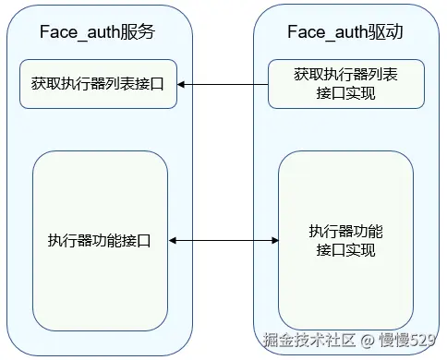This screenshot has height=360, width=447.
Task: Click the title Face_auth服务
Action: tap(97, 32)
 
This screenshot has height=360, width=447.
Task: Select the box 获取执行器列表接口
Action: tap(98, 84)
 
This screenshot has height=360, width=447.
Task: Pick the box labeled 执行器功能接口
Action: tap(99, 240)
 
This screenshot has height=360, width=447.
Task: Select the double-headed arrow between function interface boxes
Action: tap(223, 241)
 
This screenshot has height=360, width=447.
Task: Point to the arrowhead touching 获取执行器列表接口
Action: tap(182, 84)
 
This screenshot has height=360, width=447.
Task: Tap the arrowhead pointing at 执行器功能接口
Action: tap(173, 241)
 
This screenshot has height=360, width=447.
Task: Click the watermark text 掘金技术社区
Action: tap(306, 341)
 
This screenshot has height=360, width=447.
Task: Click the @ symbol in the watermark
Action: tap(366, 341)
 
